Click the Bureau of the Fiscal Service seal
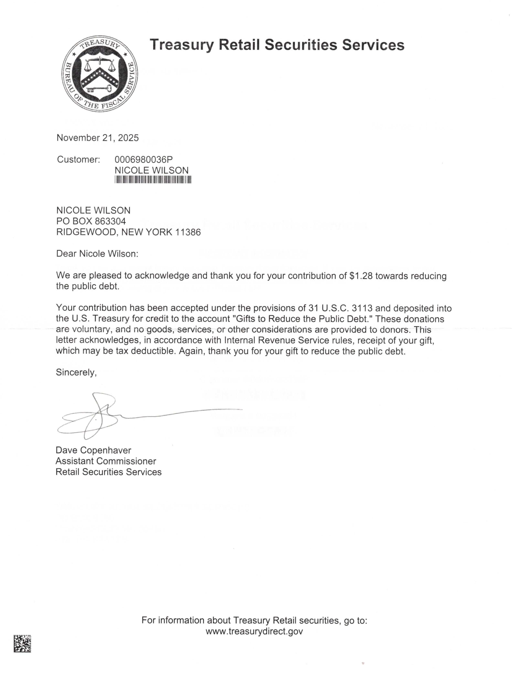[100, 73]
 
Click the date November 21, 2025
[97, 138]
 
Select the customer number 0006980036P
[143, 159]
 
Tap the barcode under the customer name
[153, 180]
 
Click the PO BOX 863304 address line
[91, 221]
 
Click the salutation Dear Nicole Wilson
[97, 254]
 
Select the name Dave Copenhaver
[93, 450]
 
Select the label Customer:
[78, 159]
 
